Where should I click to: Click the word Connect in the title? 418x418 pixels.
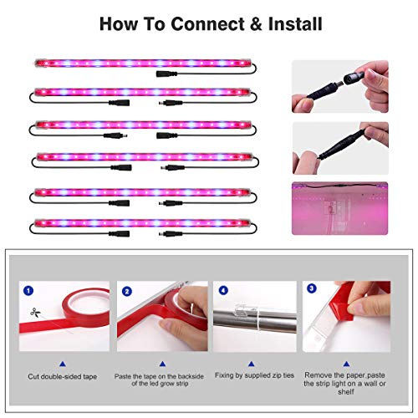(x=207, y=24)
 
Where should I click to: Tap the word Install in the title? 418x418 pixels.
(x=295, y=24)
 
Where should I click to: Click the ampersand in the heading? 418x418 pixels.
(x=257, y=24)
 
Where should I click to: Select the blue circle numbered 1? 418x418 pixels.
(x=28, y=291)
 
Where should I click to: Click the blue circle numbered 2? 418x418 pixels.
(x=127, y=292)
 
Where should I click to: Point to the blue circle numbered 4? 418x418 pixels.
(x=223, y=290)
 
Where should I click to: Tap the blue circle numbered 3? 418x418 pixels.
(x=312, y=288)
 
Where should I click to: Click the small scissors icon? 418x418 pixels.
(x=35, y=313)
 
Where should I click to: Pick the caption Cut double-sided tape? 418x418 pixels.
(x=63, y=376)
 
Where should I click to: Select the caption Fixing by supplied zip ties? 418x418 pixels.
(x=254, y=375)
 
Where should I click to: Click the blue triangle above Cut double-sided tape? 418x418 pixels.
(x=63, y=364)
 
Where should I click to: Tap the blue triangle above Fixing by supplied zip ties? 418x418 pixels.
(x=252, y=364)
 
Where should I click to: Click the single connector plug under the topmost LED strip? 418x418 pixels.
(x=166, y=74)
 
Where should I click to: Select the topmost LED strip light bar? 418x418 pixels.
(x=143, y=64)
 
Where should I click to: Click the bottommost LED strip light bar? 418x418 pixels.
(x=142, y=223)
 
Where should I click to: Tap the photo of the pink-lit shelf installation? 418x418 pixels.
(x=339, y=208)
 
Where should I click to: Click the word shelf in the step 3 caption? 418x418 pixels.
(x=346, y=392)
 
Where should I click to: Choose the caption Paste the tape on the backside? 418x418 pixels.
(x=159, y=376)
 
